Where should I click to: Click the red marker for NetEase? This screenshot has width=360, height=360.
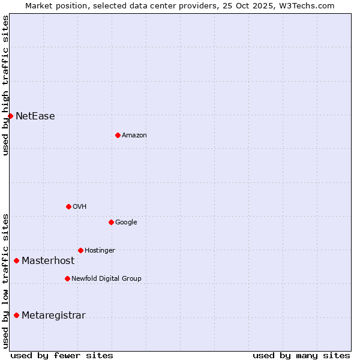(x=10, y=116)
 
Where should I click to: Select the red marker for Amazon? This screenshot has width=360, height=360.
(x=118, y=135)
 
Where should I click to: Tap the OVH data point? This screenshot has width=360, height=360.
(x=68, y=206)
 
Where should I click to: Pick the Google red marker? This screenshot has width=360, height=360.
(x=111, y=222)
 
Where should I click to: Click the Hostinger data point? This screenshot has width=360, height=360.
(x=80, y=250)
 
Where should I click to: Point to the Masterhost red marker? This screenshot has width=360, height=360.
(x=16, y=260)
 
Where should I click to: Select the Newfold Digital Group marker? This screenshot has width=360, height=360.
(x=67, y=278)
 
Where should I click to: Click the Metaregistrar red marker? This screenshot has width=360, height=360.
(x=16, y=316)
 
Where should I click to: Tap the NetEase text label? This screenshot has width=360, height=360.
(x=35, y=116)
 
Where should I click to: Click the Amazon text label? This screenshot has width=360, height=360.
(x=134, y=136)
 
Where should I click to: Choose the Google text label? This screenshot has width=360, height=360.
(x=126, y=223)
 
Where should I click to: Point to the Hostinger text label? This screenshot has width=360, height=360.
(x=100, y=251)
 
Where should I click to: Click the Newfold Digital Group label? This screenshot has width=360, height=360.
(x=106, y=279)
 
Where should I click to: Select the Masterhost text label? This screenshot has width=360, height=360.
(x=48, y=261)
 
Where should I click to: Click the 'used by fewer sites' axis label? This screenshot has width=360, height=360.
(x=62, y=355)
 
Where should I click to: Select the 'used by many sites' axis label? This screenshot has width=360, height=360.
(x=301, y=355)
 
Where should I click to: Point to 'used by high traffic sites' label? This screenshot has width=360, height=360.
(x=5, y=85)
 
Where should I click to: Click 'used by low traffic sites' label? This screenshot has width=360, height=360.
(x=5, y=281)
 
